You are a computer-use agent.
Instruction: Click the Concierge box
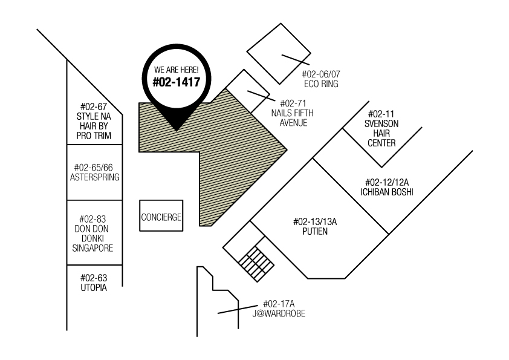pyautogui.click(x=161, y=216)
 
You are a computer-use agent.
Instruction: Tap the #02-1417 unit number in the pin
pyautogui.click(x=177, y=82)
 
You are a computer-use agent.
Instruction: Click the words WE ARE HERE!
pyautogui.click(x=177, y=70)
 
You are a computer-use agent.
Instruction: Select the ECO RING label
pyautogui.click(x=321, y=84)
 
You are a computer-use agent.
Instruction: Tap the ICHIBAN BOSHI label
pyautogui.click(x=387, y=192)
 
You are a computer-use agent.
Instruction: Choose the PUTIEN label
pyautogui.click(x=315, y=231)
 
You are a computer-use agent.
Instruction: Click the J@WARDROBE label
pyautogui.click(x=279, y=313)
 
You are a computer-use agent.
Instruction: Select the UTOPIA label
pyautogui.click(x=94, y=287)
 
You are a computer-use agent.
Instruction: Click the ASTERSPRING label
pyautogui.click(x=94, y=177)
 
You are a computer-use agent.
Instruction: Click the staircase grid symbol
pyautogui.click(x=256, y=264)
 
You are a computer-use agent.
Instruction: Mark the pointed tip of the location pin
pyautogui.click(x=177, y=131)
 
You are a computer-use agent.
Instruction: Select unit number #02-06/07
pyautogui.click(x=321, y=74)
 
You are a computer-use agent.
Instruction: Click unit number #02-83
pyautogui.click(x=92, y=219)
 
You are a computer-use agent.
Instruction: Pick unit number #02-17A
pyautogui.click(x=279, y=304)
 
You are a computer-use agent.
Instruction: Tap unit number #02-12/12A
pyautogui.click(x=387, y=182)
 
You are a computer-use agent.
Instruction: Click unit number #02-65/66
pyautogui.click(x=94, y=168)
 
